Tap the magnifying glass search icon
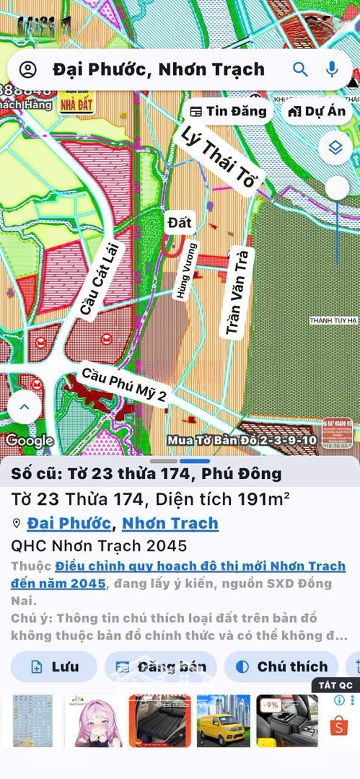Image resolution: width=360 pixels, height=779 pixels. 300,69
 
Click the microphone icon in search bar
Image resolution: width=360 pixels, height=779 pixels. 332,69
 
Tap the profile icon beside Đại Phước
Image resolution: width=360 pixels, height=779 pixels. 27,69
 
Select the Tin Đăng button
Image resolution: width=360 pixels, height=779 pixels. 228,111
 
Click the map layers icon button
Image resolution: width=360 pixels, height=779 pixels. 335,148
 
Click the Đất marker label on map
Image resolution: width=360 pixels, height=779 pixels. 179,222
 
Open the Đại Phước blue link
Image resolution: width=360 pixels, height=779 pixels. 69,523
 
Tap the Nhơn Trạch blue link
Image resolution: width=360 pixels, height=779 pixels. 170,523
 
